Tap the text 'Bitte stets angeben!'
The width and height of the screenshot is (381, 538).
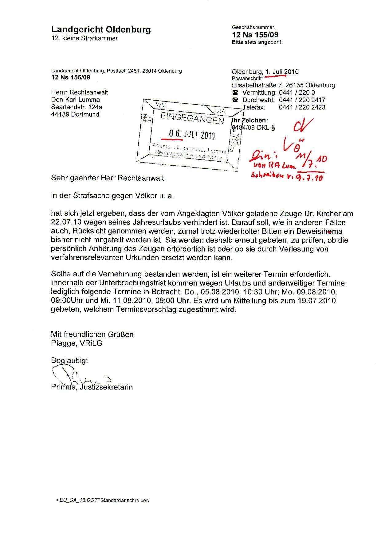pyautogui.click(x=256, y=42)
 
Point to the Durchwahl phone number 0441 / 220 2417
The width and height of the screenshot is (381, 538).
pyautogui.click(x=302, y=100)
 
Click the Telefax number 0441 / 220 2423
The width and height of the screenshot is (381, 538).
pyautogui.click(x=302, y=107)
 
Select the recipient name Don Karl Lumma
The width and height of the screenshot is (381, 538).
pyautogui.click(x=75, y=100)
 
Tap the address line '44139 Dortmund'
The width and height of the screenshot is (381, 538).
pyautogui.click(x=75, y=114)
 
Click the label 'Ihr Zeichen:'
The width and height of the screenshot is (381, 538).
pyautogui.click(x=250, y=121)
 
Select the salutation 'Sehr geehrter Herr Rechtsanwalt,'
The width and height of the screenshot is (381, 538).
pyautogui.click(x=108, y=178)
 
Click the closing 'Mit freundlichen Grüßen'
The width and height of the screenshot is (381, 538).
pyautogui.click(x=92, y=334)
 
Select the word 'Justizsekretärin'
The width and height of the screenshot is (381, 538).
pyautogui.click(x=106, y=387)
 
